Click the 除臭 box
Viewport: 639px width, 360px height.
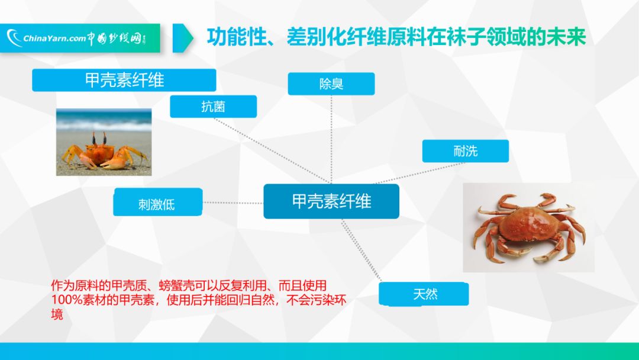[331, 83]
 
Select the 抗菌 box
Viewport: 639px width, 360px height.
[213, 107]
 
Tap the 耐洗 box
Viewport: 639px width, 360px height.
[465, 151]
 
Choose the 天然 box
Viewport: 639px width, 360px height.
[424, 294]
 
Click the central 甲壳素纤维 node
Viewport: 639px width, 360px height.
[331, 201]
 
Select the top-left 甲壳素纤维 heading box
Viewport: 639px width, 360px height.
[124, 80]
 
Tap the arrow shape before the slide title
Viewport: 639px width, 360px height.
[183, 38]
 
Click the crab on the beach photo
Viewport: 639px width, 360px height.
[104, 151]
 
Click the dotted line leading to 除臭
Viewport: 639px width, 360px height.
[331, 136]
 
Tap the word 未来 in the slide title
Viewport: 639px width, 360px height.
[567, 37]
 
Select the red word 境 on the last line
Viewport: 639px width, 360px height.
[57, 314]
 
